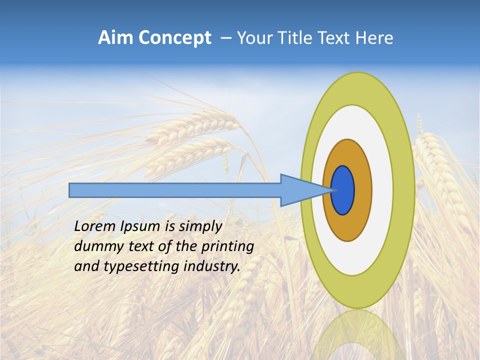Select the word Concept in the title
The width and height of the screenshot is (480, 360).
pos(175,38)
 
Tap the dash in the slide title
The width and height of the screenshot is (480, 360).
pos(225,38)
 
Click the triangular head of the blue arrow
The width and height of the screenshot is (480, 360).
pos(300,190)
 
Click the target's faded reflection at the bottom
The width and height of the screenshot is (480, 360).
pos(357,335)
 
